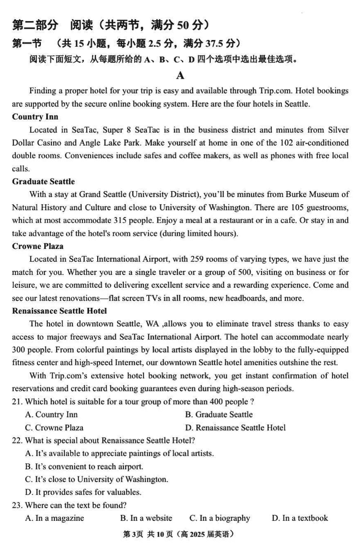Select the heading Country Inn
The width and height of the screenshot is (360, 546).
point(35,117)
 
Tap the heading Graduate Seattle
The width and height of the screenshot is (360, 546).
point(44,182)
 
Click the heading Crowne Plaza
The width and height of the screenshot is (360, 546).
point(38,246)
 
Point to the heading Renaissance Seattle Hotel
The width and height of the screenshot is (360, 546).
point(59,311)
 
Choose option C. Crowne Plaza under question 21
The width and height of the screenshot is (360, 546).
point(54,428)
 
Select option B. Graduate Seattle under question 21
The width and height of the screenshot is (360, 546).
point(219,415)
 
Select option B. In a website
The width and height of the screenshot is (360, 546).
point(146,518)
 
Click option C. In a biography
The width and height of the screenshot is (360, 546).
point(220,518)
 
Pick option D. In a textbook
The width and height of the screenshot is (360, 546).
point(300,518)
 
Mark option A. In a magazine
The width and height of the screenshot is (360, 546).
point(54,518)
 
